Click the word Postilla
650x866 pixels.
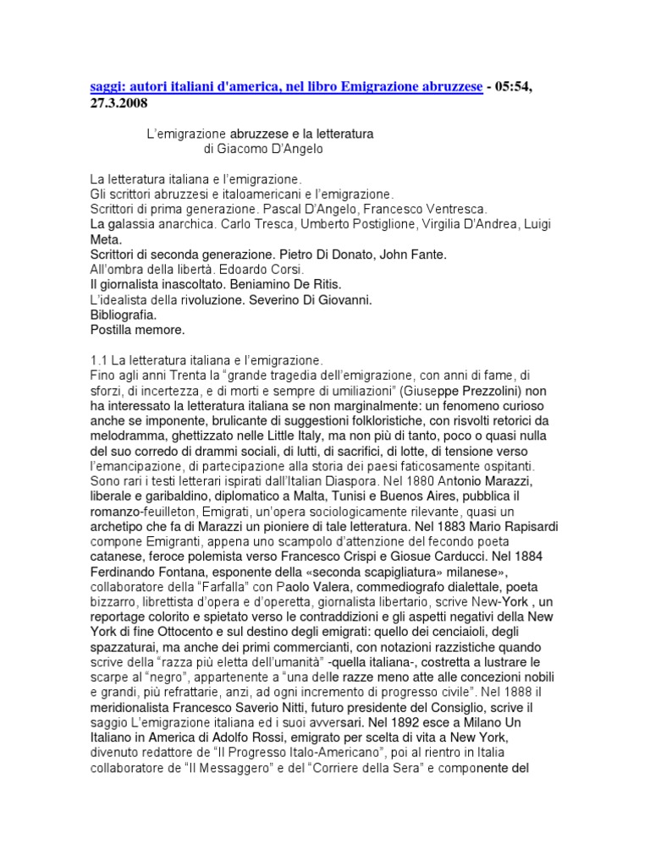click(x=113, y=329)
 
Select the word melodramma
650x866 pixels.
click(x=126, y=436)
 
